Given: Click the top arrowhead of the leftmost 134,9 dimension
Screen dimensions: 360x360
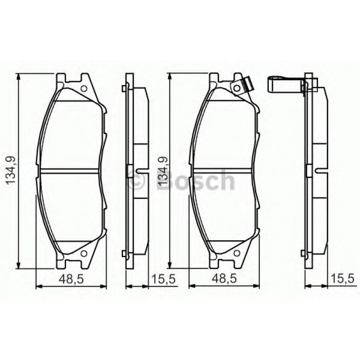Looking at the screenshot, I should (x=18, y=77).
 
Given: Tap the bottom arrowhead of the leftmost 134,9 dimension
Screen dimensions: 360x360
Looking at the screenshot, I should (x=18, y=266).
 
